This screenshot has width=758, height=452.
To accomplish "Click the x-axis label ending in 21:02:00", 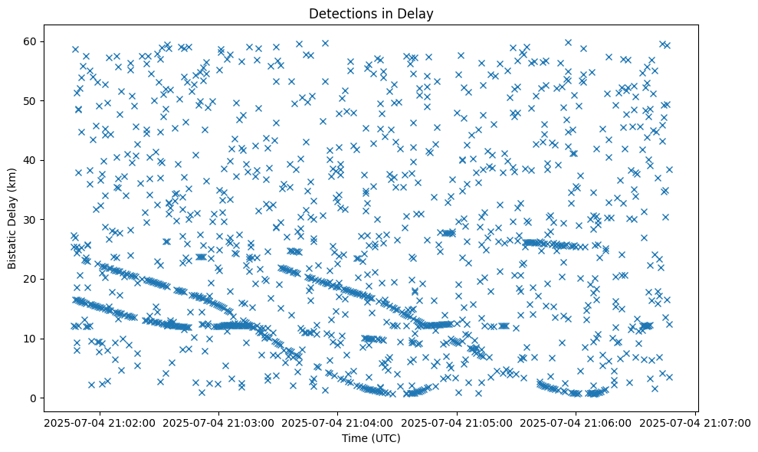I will coord(99,422).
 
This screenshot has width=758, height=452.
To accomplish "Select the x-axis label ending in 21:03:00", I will coord(218,422).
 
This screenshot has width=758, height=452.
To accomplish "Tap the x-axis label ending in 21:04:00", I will coord(338,422).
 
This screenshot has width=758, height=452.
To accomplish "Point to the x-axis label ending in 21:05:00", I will coord(458,422).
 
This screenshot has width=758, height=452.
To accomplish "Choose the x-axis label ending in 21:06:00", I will coord(576,422).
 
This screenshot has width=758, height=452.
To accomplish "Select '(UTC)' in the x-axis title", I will coord(386,438).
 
